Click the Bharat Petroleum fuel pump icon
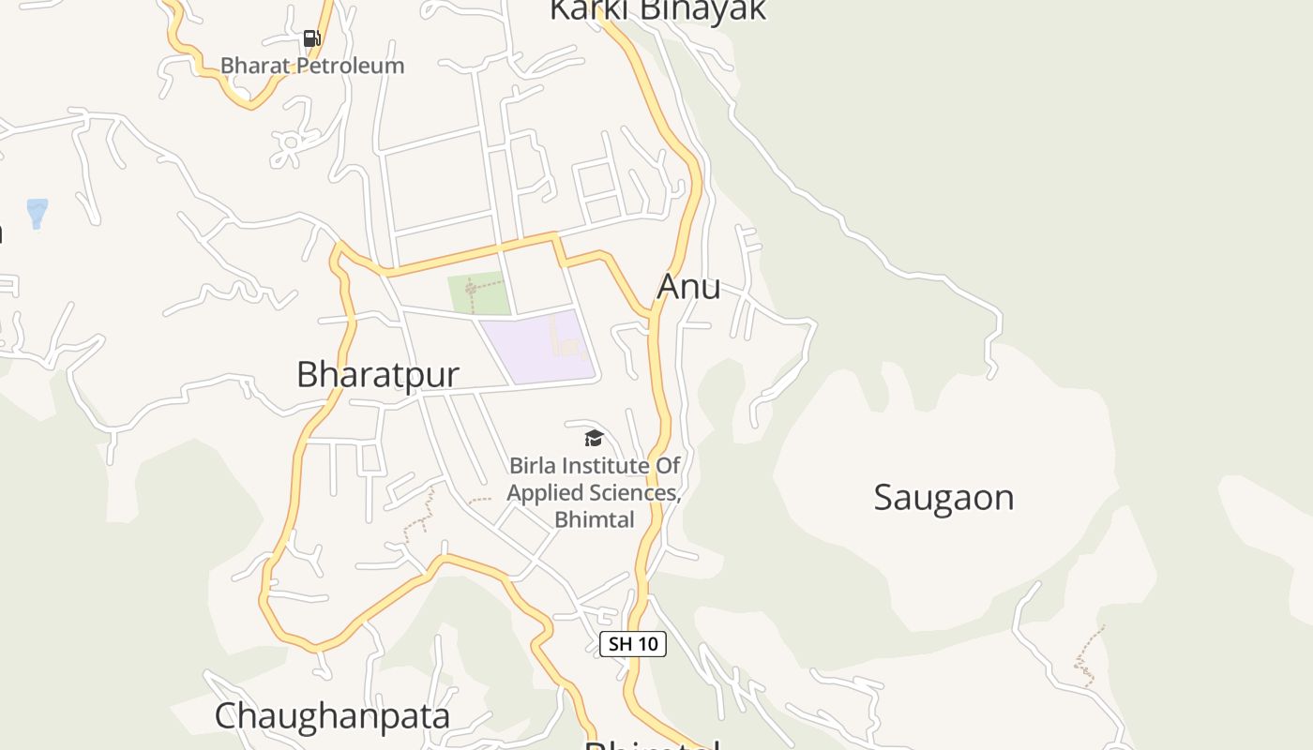tap(312, 38)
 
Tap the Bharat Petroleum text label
tap(312, 66)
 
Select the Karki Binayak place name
tap(657, 9)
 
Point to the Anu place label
tap(689, 286)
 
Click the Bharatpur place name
tap(378, 374)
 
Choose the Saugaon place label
tap(943, 497)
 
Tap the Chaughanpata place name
tap(332, 716)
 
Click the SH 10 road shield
tap(633, 644)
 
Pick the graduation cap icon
tap(594, 438)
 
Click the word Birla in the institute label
tap(533, 466)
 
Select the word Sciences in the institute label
tap(634, 493)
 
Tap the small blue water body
tap(37, 213)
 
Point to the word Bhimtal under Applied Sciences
tap(595, 519)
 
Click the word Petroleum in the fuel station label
tap(350, 66)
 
